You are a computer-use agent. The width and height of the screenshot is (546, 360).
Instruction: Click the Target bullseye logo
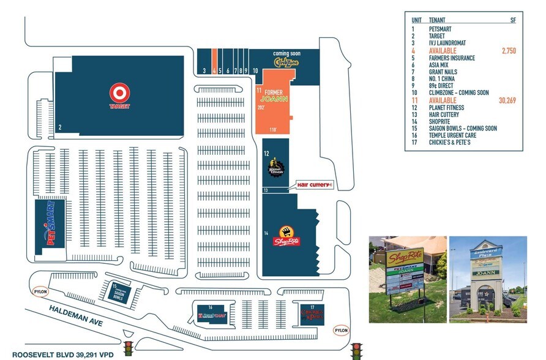pyautogui.click(x=120, y=92)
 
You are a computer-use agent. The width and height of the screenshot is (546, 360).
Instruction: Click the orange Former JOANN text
pyautogui.click(x=273, y=96)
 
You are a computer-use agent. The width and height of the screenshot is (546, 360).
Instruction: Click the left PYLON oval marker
pyautogui.click(x=41, y=291)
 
